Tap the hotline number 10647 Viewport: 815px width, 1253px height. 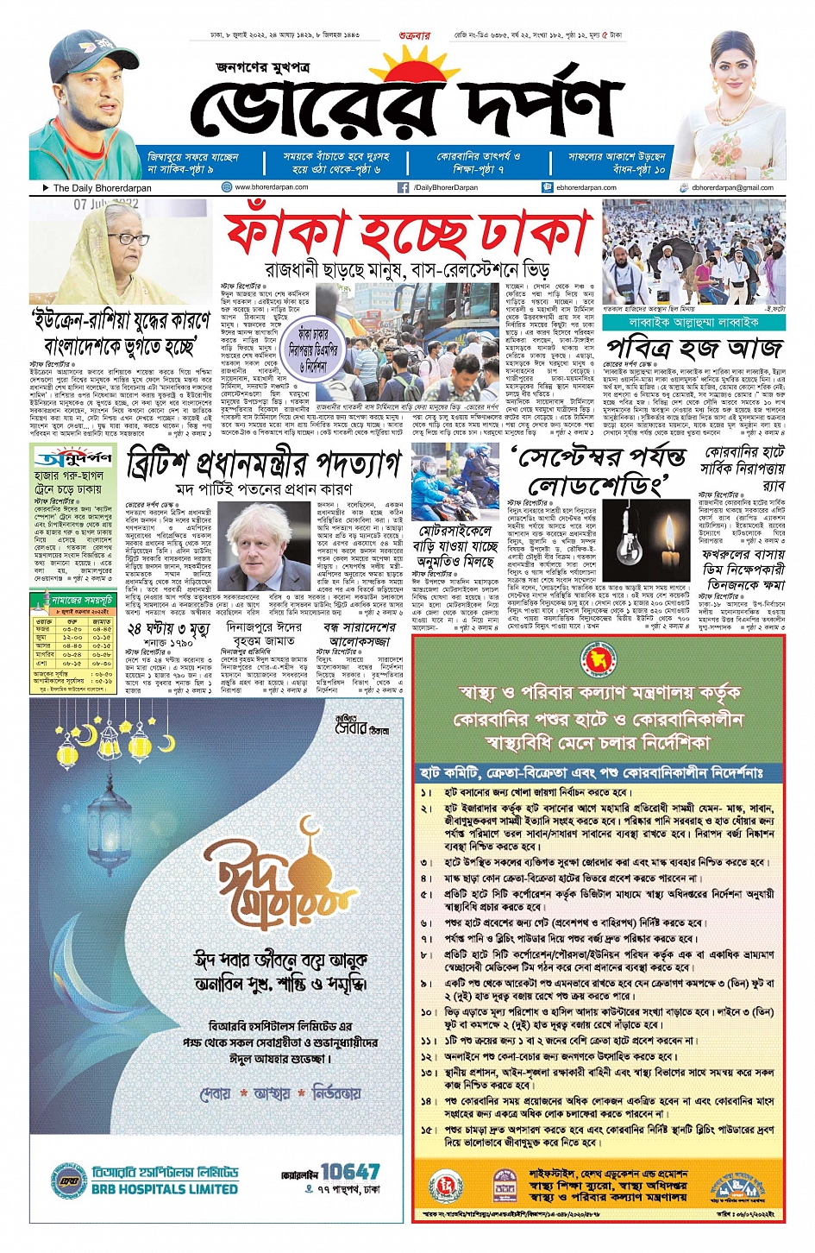(x=349, y=1171)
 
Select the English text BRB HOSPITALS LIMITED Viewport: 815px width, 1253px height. (x=165, y=1189)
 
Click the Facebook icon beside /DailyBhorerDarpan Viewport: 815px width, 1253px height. (x=403, y=187)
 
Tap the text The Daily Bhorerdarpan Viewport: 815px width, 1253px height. (x=101, y=187)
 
